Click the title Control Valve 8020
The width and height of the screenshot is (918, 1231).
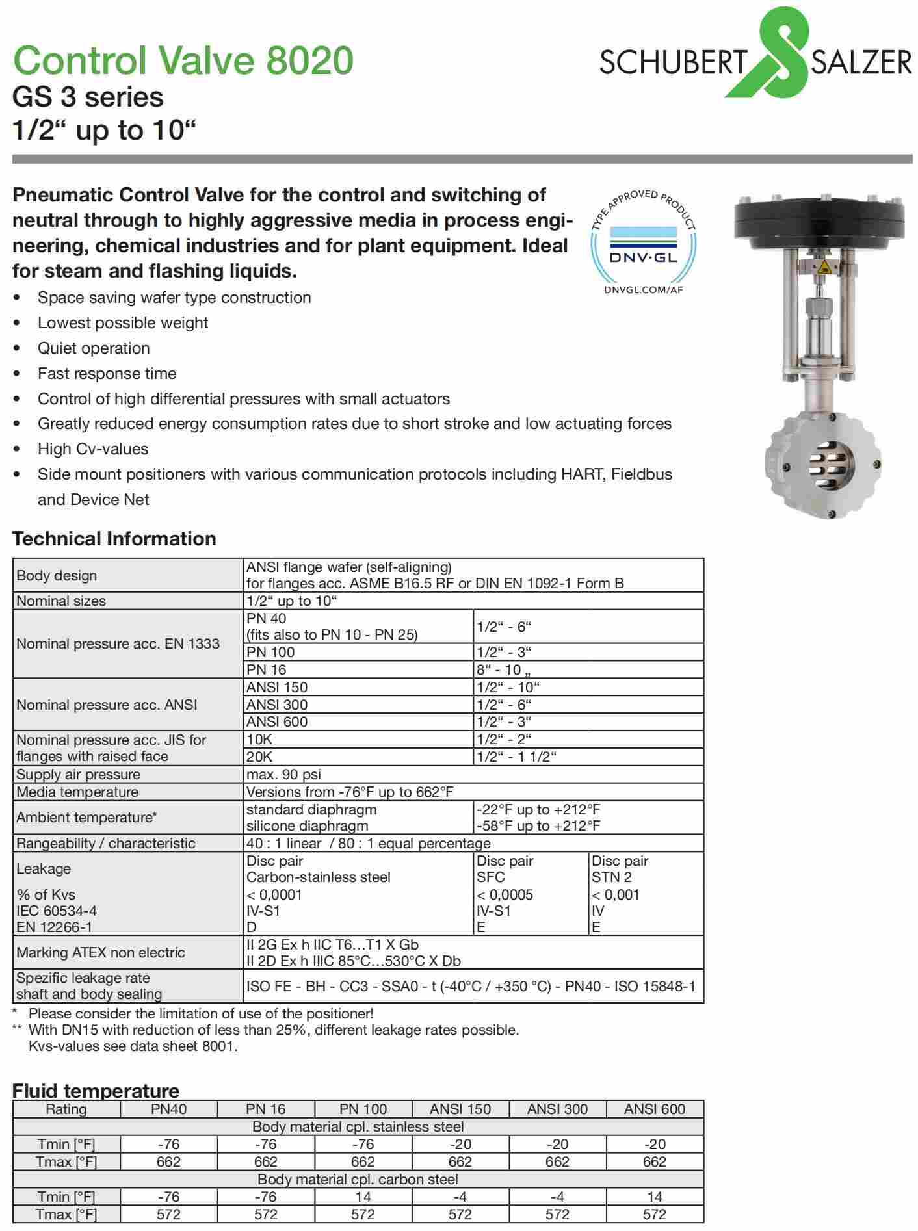(183, 60)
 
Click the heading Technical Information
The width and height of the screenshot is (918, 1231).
(114, 539)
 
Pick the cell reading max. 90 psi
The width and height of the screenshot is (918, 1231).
(283, 774)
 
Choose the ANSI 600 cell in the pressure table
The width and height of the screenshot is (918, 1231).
(277, 721)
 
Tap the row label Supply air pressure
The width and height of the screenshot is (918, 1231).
(78, 774)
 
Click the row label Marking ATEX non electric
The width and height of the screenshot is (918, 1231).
(101, 952)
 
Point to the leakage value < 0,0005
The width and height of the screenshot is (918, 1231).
(505, 894)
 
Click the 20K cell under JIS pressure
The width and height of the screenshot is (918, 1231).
(259, 757)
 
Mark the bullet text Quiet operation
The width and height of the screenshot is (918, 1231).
(94, 348)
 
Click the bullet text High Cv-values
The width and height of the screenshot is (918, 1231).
(93, 449)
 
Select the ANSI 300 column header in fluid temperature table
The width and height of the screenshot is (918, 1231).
(557, 1109)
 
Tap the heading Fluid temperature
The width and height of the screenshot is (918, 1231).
(96, 1090)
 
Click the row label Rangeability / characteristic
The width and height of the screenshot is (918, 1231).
(105, 843)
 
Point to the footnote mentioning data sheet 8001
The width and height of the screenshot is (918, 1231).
(133, 1046)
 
